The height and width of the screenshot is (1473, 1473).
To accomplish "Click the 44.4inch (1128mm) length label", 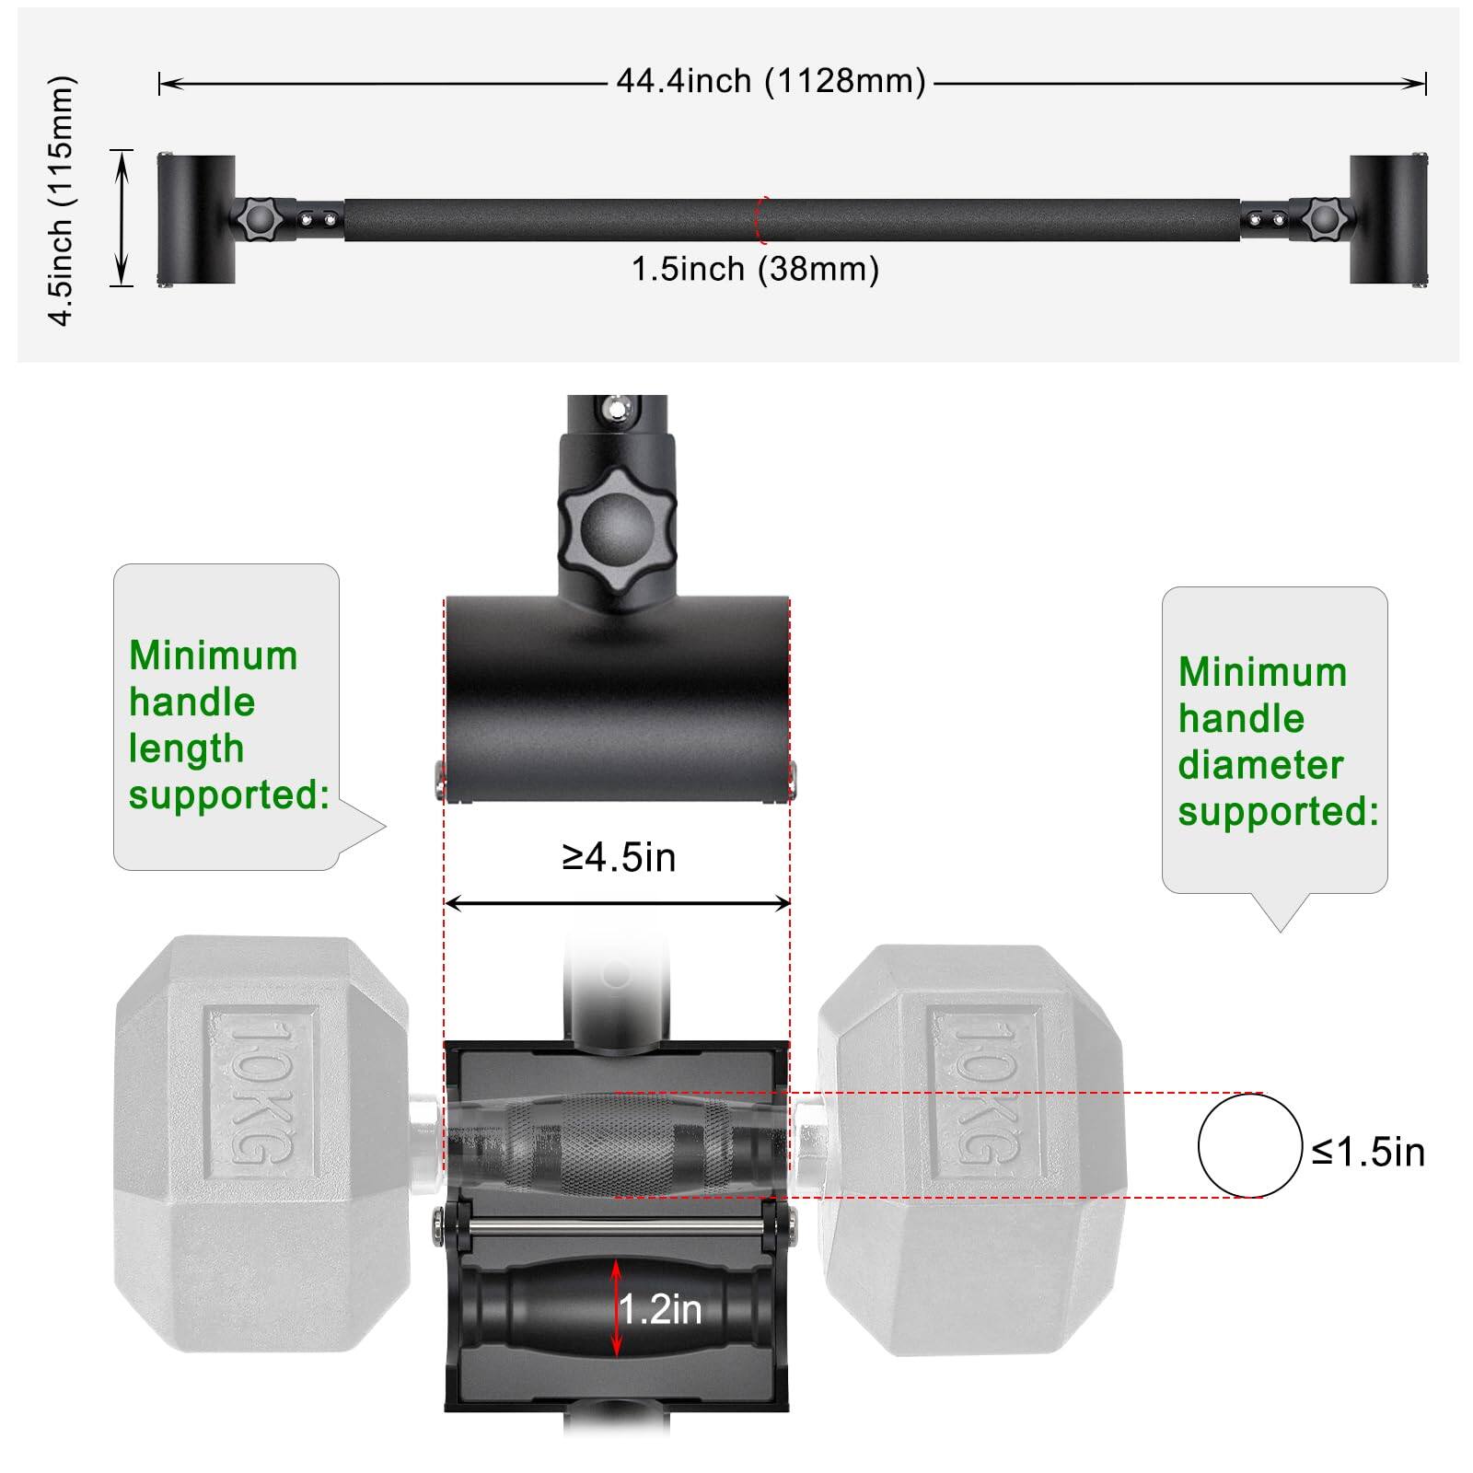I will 771,81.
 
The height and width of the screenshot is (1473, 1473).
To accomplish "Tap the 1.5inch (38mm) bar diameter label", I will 755,270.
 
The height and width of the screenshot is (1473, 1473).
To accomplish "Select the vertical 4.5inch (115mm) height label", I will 61,201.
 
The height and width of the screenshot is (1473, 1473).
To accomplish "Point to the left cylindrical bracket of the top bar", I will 196,219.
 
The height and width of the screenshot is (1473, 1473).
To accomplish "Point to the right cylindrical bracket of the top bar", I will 1388,219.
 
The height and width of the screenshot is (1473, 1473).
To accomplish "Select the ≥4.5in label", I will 619,857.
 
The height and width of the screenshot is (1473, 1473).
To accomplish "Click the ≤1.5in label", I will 1368,1152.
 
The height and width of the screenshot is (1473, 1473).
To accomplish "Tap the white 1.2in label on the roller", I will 660,1309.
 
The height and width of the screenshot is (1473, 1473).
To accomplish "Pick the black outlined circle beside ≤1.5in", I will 1250,1145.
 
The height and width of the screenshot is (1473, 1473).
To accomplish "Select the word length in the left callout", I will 186,748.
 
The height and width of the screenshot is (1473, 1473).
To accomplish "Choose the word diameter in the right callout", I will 1260,765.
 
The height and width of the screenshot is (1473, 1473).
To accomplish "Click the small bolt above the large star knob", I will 616,407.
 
